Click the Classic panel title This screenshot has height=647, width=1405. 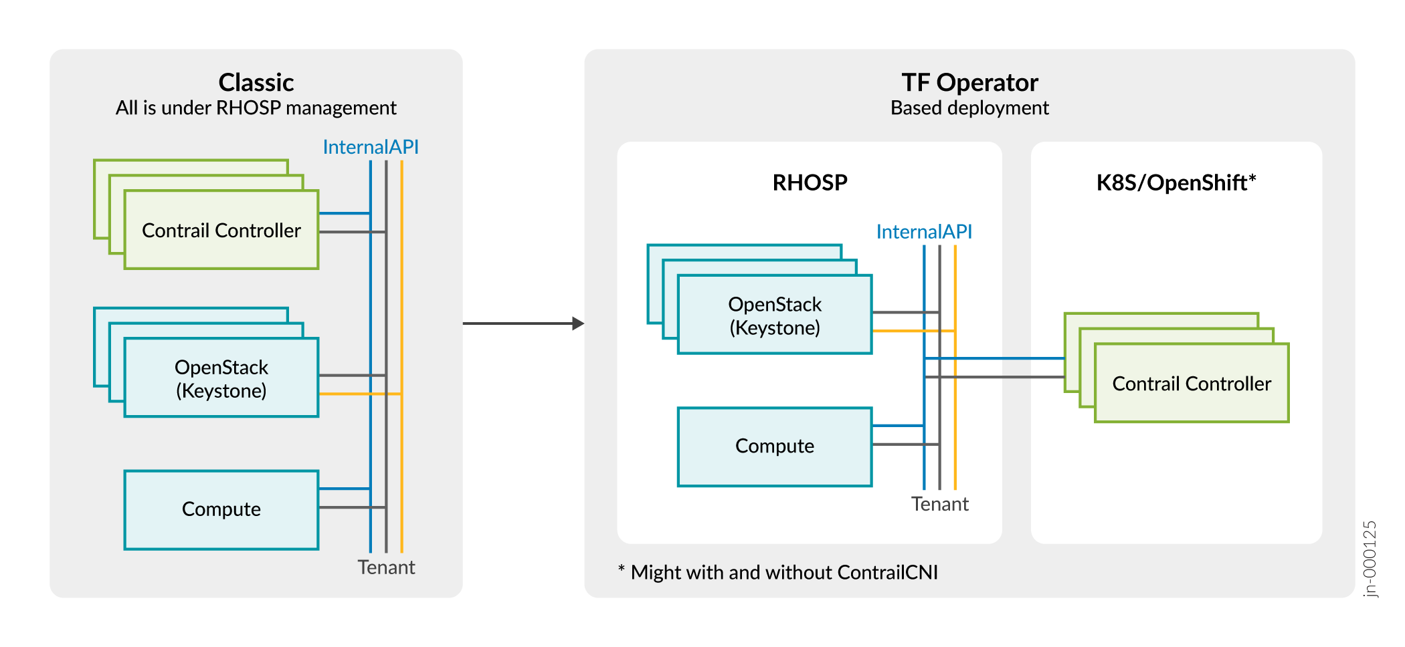tap(256, 83)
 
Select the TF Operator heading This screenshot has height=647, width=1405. tap(969, 83)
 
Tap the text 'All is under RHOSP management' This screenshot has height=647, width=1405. tap(256, 108)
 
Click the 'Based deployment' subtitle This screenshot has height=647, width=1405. tap(969, 108)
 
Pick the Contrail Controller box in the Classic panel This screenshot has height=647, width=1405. tap(221, 230)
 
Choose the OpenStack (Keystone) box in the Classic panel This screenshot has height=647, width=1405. tap(221, 378)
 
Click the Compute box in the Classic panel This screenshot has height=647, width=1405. tap(221, 509)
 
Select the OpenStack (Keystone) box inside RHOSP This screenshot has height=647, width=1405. tap(775, 315)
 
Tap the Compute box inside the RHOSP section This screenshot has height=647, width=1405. tap(775, 446)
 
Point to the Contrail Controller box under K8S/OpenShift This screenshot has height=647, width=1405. tap(1192, 384)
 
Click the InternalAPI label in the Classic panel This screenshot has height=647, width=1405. tap(371, 147)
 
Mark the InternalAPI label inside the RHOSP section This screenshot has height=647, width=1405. tap(924, 232)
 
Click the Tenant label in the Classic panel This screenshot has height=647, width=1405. tap(386, 567)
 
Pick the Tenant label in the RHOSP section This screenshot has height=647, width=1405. tap(939, 504)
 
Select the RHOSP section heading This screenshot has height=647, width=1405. tap(810, 182)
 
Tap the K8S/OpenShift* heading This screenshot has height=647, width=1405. tap(1176, 182)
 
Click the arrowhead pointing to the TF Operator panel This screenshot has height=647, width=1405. tap(578, 323)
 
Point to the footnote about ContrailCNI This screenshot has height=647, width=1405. tap(778, 573)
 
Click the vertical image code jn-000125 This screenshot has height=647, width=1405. tap(1370, 559)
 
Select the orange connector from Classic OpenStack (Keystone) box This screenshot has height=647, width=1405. tap(360, 394)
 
